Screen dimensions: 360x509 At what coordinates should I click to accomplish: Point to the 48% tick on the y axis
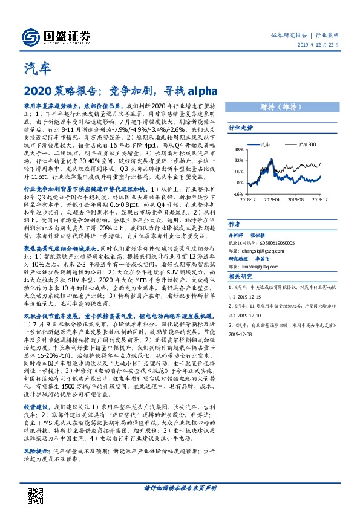pyautogui.click(x=238, y=149)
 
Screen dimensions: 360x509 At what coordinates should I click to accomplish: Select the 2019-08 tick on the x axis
pyautogui.click(x=296, y=199)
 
